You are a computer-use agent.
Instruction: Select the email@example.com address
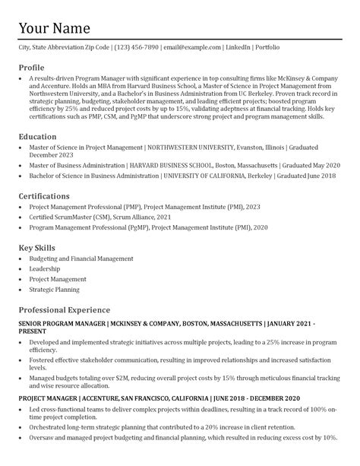tap(192, 48)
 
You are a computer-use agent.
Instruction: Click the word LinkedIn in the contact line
tap(237, 48)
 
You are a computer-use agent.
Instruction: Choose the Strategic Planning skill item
tap(54, 290)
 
